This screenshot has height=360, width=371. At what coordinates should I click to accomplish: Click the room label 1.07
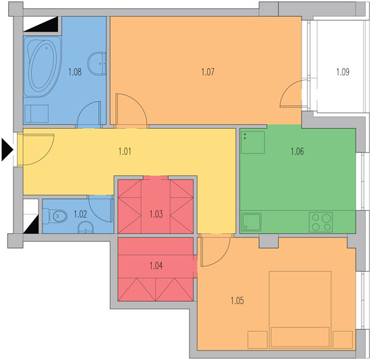pos(208,72)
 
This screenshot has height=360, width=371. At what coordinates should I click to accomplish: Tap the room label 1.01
pos(125,151)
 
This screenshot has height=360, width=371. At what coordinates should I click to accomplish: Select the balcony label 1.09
pos(343,72)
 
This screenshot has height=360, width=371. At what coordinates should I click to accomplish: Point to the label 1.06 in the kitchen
pos(297,151)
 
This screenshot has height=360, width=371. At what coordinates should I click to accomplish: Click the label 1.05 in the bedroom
pos(237,301)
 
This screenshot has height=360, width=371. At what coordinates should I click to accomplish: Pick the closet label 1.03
pos(156,214)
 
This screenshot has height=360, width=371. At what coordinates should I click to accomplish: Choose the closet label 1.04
pos(156,266)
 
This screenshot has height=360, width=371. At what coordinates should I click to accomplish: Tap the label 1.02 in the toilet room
pos(80,214)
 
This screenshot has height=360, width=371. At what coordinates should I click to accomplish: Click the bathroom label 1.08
pos(75,72)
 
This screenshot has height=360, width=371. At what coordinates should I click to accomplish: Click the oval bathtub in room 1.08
pos(42,67)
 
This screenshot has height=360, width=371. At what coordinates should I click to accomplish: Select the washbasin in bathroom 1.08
pos(97,63)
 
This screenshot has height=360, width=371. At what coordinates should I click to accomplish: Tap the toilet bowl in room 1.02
pos(55,216)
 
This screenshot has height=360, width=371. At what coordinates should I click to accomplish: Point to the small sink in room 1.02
pos(86,228)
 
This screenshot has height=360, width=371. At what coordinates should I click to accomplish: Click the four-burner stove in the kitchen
pos(320,222)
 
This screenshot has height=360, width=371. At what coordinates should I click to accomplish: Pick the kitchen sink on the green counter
pos(252,222)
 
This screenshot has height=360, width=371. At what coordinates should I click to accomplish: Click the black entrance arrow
pos(7,150)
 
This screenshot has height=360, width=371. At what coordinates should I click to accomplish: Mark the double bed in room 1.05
pos(300,309)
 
